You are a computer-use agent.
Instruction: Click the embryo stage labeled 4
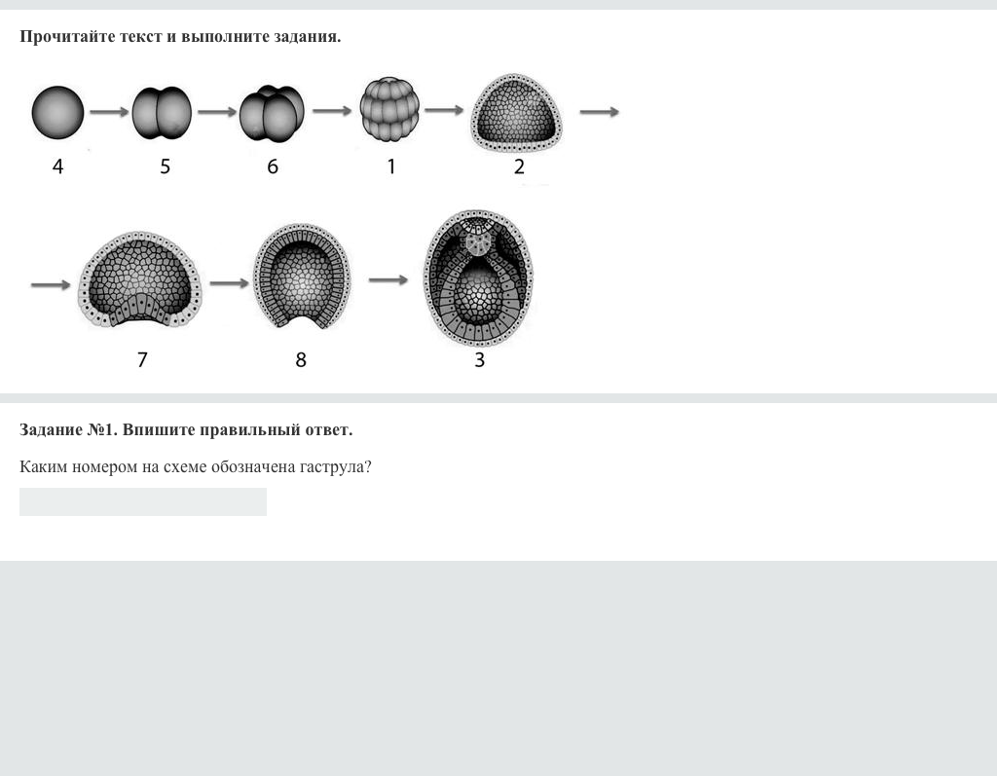[57, 113]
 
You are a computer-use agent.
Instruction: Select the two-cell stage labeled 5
[162, 113]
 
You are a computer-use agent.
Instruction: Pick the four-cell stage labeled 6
[272, 113]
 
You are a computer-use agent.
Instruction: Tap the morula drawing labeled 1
[389, 109]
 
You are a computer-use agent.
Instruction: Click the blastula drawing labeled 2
[516, 113]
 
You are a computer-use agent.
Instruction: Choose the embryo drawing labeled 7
[139, 279]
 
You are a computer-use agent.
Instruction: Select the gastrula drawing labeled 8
[302, 276]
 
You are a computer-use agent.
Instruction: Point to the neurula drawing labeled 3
[479, 277]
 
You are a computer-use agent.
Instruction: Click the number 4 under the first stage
[57, 166]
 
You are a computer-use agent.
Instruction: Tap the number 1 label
[391, 166]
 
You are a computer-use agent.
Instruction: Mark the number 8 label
[301, 360]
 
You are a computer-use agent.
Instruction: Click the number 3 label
[479, 360]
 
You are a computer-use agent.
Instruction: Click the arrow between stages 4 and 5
[109, 112]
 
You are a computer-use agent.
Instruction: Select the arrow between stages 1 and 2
[444, 110]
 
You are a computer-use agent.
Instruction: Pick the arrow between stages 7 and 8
[229, 283]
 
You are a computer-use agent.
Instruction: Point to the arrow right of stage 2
[599, 112]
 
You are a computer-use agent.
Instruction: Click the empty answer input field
[143, 501]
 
